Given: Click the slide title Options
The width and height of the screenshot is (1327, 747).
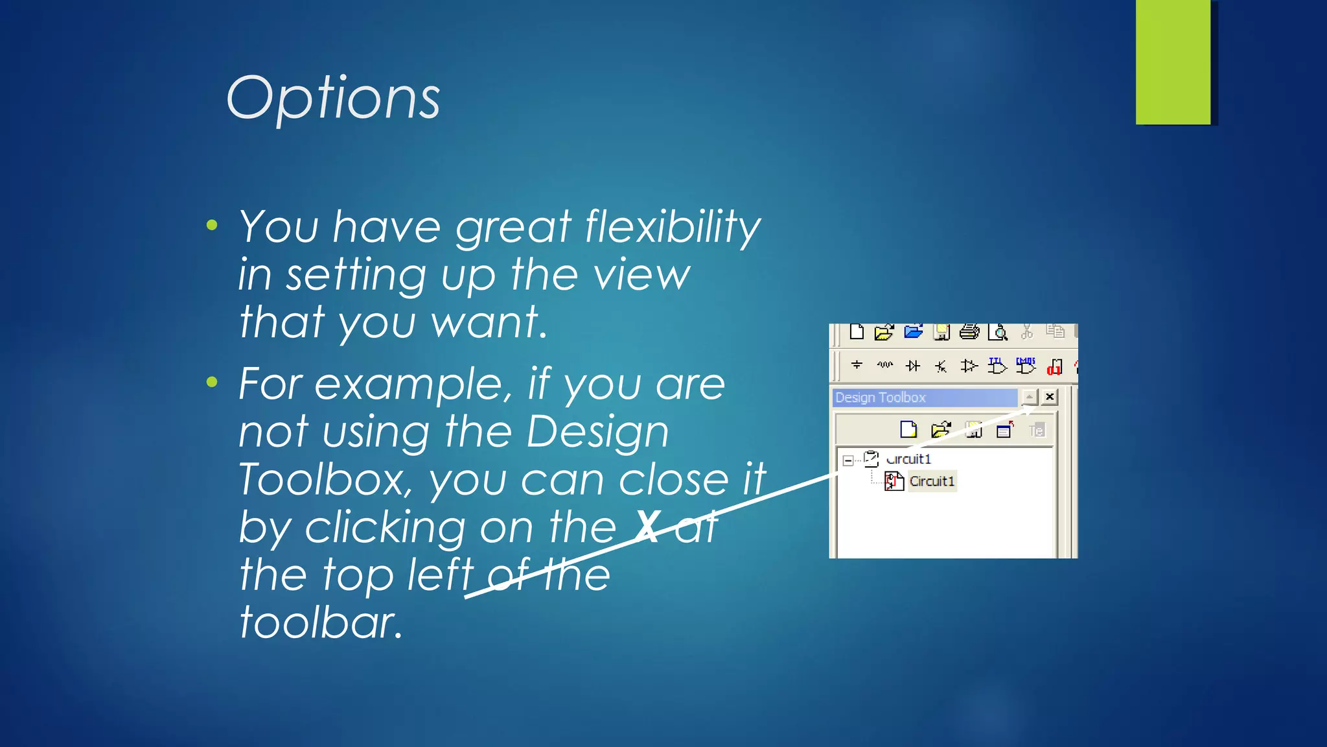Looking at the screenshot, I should coord(333,99).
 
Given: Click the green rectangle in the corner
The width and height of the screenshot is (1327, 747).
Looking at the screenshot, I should coord(1172,62).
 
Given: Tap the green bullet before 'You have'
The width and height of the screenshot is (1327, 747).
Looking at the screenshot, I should coord(212,226).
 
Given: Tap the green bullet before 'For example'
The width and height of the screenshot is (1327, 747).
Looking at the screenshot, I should coord(212,382).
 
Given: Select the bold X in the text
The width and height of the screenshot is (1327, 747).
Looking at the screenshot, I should coord(648,527).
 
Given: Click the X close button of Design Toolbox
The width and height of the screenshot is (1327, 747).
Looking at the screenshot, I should coord(1050,397).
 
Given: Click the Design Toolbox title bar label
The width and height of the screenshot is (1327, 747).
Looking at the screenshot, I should coord(880,397).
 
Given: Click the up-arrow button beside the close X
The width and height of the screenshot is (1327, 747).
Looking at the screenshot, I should coord(1029,397).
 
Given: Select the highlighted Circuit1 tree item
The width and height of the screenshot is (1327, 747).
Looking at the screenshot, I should coord(931,481).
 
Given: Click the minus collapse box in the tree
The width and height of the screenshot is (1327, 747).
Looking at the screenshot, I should coord(848,460).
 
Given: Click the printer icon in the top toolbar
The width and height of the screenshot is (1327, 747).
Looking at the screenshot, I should coord(969,332).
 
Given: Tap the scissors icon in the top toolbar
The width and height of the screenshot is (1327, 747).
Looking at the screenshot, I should coord(1026,332).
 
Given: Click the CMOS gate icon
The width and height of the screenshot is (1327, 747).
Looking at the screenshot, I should coord(1025,366).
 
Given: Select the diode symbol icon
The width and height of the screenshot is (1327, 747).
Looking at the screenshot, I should coord(913,366).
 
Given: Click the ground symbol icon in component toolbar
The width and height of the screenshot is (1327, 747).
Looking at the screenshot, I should coord(857,366).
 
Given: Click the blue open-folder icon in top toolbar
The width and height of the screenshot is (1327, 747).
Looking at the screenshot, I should coord(913,332).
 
